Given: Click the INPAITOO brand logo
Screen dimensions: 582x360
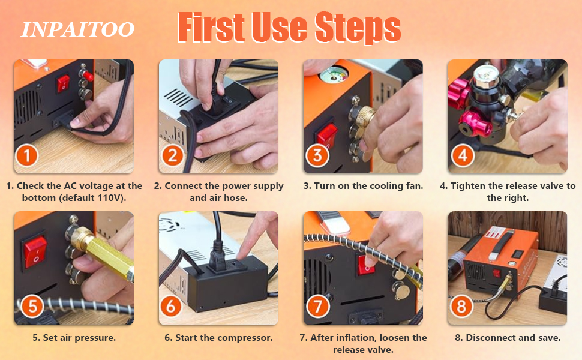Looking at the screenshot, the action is click(x=77, y=29).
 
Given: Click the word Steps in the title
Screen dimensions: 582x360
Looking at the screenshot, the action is click(x=358, y=27).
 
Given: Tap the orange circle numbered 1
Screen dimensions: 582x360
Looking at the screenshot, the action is click(x=27, y=155).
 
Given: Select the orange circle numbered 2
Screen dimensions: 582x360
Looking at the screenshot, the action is click(x=172, y=155).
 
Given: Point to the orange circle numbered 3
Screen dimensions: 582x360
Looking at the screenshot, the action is click(x=317, y=155).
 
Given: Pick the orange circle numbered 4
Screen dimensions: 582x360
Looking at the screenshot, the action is click(x=463, y=155).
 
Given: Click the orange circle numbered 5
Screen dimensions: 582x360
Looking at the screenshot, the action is click(x=32, y=307).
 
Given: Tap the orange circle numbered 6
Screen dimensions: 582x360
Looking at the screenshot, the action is click(x=171, y=307).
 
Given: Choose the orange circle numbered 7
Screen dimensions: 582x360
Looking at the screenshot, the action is click(x=318, y=307).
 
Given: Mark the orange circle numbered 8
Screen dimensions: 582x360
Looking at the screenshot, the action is click(x=461, y=307).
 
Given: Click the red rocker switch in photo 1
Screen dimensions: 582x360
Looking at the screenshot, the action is click(x=63, y=83).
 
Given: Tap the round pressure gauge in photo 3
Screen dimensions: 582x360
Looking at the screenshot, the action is click(x=334, y=74).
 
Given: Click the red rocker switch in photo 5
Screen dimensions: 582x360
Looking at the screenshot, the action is click(x=35, y=252).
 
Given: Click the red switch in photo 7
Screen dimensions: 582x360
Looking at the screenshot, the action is click(x=366, y=265).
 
